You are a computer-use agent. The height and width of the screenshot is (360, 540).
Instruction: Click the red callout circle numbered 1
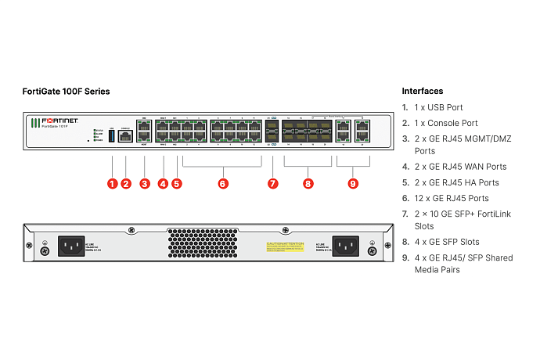tap(112, 184)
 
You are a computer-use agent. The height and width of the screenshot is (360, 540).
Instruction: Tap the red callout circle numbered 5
tap(176, 184)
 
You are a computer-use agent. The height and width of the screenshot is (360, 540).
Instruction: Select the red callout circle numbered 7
tap(272, 184)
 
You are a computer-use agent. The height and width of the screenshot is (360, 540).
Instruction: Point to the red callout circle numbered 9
tap(353, 184)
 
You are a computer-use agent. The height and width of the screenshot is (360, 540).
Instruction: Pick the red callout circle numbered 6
tap(223, 184)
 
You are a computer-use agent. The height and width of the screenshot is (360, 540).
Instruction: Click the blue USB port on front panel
tap(111, 138)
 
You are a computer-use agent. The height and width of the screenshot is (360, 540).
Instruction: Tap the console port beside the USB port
tap(124, 138)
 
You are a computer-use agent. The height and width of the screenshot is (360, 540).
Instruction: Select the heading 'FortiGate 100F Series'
tap(66, 92)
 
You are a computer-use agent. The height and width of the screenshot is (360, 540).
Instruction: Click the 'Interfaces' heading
tap(423, 92)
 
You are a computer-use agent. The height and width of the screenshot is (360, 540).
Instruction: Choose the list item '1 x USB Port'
tap(438, 108)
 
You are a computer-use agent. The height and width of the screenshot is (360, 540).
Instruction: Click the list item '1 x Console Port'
tap(445, 123)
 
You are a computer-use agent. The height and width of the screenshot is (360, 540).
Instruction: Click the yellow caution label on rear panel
tap(285, 246)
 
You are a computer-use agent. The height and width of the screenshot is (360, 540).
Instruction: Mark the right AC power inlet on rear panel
tap(345, 247)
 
